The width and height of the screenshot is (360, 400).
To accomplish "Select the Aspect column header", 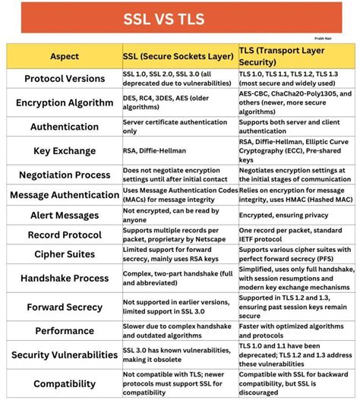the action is (64, 56).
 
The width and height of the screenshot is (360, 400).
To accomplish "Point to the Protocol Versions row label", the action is (64, 78).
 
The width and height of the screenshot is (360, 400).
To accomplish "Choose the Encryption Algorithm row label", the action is (64, 102).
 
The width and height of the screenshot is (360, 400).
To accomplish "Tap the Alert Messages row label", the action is (64, 215).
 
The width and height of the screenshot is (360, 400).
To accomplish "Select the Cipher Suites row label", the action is (64, 254).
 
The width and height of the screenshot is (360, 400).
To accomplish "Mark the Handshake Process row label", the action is (64, 279).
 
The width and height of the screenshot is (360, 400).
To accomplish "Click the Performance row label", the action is (64, 332).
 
